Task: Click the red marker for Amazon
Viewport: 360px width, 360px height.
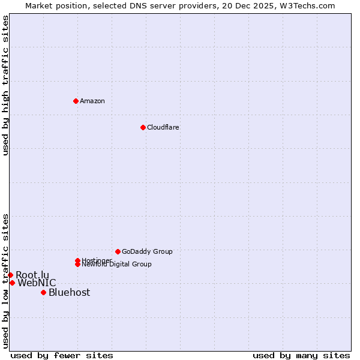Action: (76, 101)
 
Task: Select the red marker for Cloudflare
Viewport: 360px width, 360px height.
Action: (143, 127)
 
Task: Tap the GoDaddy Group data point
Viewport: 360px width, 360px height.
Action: (118, 251)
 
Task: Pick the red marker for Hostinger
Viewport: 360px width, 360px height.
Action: (77, 260)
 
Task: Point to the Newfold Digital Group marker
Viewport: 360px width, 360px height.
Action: (77, 265)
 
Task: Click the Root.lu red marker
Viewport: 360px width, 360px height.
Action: (10, 275)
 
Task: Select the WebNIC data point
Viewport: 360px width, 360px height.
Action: (12, 283)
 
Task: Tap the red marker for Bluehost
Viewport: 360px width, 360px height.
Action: (43, 292)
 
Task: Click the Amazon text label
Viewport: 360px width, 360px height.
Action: (92, 101)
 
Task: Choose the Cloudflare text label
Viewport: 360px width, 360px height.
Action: (163, 127)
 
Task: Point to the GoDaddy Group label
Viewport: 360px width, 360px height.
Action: (147, 251)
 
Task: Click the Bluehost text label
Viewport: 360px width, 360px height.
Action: (70, 292)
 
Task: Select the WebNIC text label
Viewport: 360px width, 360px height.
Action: (37, 283)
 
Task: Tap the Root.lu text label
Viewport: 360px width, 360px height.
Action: (32, 275)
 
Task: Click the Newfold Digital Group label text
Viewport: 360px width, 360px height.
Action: (117, 265)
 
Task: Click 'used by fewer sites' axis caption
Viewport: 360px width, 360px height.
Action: (62, 355)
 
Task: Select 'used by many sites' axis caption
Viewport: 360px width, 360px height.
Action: (301, 355)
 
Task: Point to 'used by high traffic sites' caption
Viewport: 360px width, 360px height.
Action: (5, 85)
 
